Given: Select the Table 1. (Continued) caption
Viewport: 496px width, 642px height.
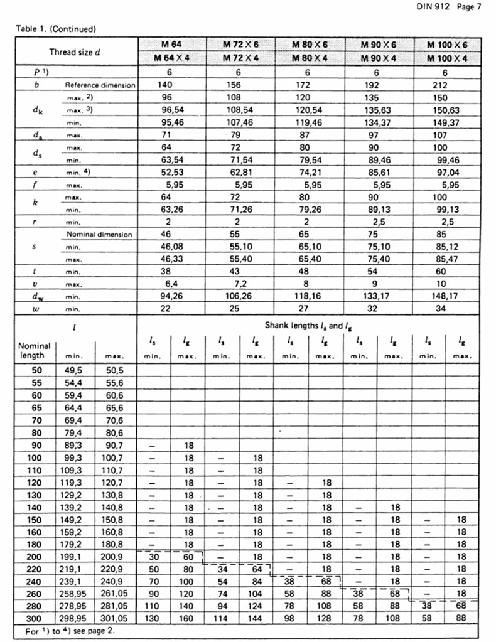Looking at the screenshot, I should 56,28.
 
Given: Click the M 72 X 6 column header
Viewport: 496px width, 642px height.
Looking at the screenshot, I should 240,45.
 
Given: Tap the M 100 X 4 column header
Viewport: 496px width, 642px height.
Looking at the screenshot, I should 447,58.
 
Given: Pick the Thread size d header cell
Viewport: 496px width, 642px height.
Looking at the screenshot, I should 75,51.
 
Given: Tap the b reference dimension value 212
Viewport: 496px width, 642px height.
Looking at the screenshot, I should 447,85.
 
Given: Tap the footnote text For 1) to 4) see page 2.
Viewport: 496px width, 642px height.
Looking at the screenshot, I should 70,629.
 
